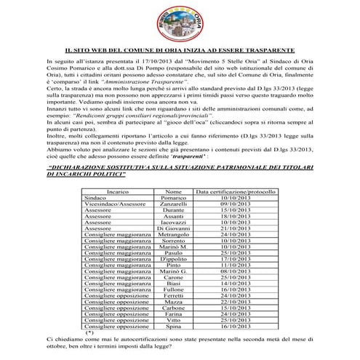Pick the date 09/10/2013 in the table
pos(234,204)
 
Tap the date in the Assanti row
pos(234,217)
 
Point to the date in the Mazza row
pos(234,302)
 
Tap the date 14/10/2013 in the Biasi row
pos(234,284)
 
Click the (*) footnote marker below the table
pos(89,332)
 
